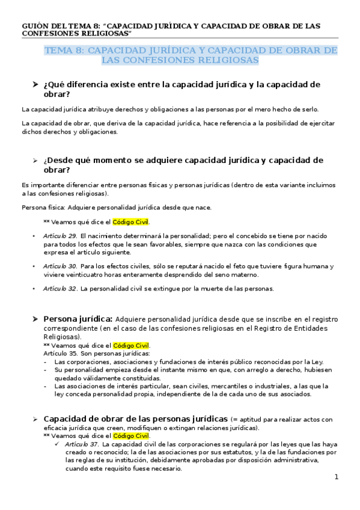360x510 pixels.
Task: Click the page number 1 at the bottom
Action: click(337, 477)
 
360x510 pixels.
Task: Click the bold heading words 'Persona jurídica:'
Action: click(78, 319)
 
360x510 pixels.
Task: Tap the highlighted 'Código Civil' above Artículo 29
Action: click(132, 222)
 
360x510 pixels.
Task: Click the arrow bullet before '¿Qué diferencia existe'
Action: click(35, 85)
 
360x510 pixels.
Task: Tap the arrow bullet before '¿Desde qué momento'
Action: click(35, 161)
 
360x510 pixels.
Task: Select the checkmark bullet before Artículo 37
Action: click(56, 444)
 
